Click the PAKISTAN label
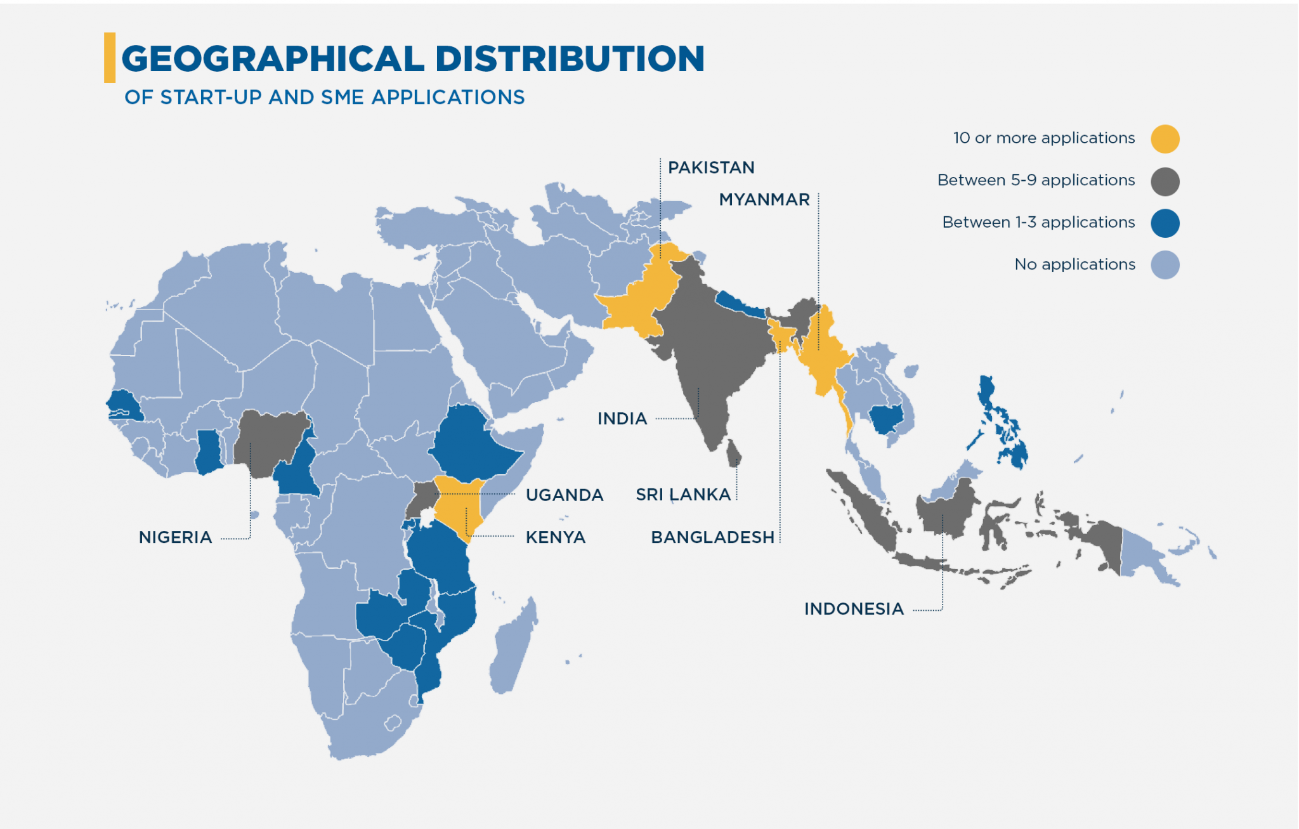click(711, 167)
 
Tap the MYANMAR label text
click(764, 199)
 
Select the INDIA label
click(622, 419)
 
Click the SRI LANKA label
click(683, 495)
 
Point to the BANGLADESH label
click(712, 537)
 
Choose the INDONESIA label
click(854, 609)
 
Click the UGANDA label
click(565, 495)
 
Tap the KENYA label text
click(555, 537)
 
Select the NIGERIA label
click(175, 537)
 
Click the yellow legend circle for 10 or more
click(1165, 139)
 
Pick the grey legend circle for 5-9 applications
click(1165, 181)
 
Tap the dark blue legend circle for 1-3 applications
click(1165, 223)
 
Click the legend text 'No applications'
click(1074, 264)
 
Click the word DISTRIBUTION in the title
click(569, 58)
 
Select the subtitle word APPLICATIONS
click(448, 97)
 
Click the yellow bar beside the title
click(110, 58)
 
